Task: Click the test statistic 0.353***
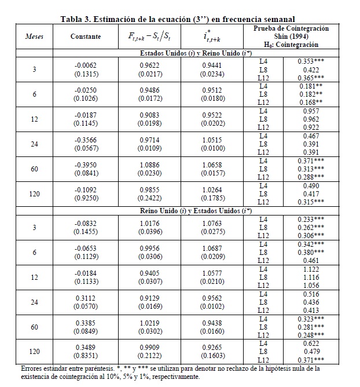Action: click(311, 60)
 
